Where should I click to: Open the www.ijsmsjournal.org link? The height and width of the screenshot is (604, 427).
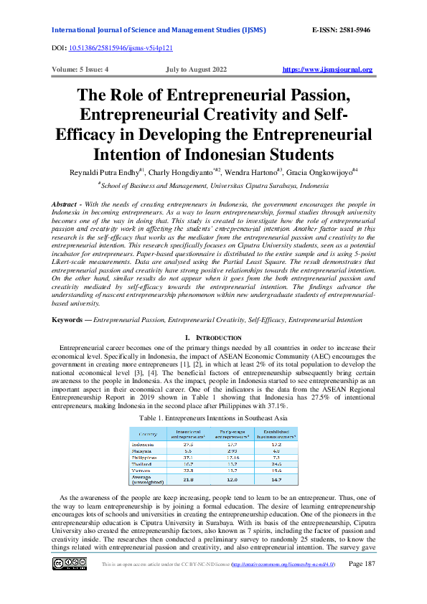click(328, 70)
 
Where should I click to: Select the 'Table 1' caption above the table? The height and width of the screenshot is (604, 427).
click(213, 416)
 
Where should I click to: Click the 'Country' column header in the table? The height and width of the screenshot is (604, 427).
click(148, 434)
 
